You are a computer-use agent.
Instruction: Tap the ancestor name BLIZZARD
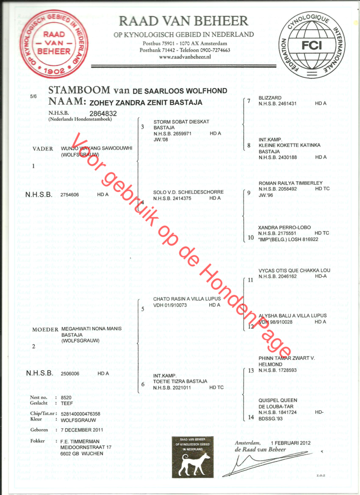point(270,98)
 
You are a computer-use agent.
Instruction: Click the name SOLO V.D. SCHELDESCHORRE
point(188,192)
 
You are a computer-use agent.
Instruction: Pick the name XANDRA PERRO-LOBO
point(284,227)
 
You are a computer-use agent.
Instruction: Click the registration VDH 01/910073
point(171,305)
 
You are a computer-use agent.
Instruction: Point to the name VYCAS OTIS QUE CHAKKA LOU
point(294,270)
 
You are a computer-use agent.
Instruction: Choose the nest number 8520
point(66,397)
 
